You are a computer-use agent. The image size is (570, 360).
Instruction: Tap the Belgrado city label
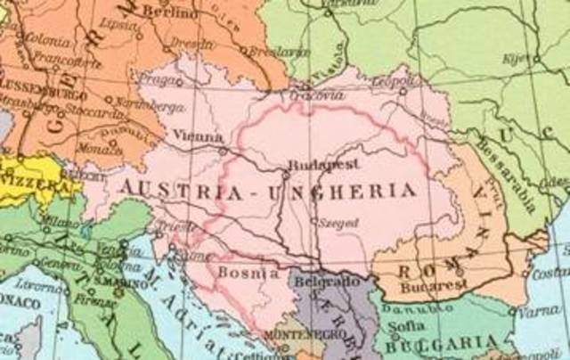click(x=322, y=282)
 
